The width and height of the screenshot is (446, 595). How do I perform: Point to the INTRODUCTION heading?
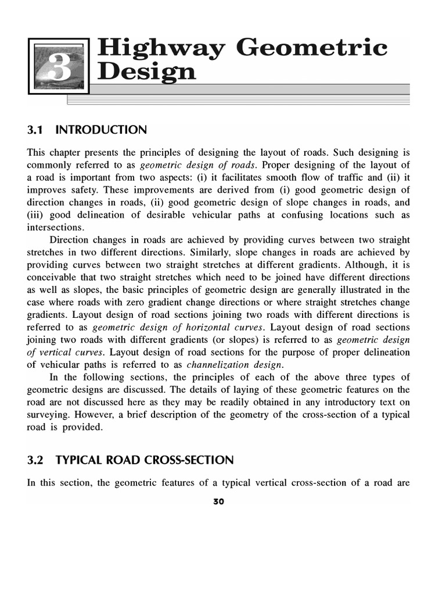pos(101,130)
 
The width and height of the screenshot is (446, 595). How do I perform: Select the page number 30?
pos(219,501)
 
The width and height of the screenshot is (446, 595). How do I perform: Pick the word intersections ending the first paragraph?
pos(55,227)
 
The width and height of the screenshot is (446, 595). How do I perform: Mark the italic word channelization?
pos(220,364)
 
